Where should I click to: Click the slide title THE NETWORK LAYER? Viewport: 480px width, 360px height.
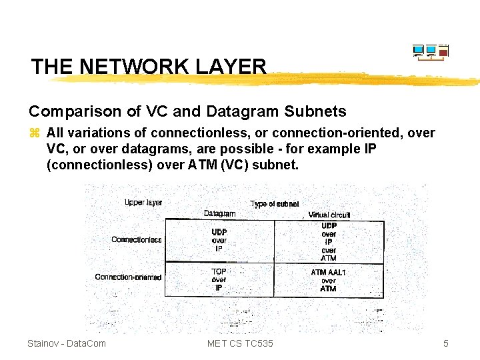point(148,67)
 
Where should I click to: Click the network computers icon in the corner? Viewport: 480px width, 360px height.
point(430,52)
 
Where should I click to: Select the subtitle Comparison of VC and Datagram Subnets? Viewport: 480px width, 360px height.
point(187,111)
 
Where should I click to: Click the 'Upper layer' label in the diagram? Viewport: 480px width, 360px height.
point(143,202)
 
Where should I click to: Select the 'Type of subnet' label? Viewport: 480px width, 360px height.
point(275,204)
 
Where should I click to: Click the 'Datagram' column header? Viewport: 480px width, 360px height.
point(219,214)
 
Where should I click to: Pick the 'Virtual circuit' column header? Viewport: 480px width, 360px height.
point(329,215)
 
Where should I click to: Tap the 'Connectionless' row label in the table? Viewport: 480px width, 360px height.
point(137,239)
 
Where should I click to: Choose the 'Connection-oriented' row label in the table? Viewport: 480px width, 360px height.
point(129,277)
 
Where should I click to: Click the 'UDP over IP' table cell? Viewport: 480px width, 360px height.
point(219,240)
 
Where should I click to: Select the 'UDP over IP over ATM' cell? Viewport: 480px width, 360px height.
point(329,241)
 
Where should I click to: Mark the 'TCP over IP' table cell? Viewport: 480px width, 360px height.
point(219,279)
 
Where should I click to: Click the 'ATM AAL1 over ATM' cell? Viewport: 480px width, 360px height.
point(328,280)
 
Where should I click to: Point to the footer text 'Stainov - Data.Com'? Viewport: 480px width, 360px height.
point(67,343)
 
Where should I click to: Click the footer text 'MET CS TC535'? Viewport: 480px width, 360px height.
point(240,343)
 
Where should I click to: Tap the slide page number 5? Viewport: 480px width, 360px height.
point(446,343)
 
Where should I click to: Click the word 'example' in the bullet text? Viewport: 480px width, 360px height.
point(321,148)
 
